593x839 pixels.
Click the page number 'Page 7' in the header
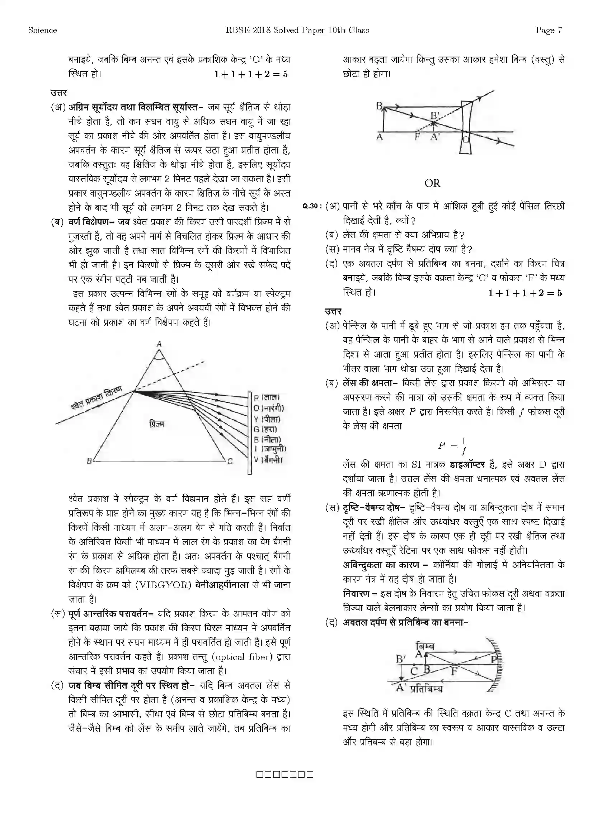pyautogui.click(x=549, y=30)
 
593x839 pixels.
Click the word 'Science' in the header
pyautogui.click(x=42, y=30)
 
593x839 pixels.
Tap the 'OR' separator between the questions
pyautogui.click(x=432, y=183)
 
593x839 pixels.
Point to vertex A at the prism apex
pyautogui.click(x=159, y=344)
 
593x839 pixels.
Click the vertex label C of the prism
pyautogui.click(x=230, y=462)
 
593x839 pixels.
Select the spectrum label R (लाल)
pyautogui.click(x=266, y=397)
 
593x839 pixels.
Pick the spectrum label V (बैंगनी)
pyautogui.click(x=268, y=460)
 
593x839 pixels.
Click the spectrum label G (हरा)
pyautogui.click(x=265, y=429)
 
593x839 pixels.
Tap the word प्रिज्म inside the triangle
pyautogui.click(x=157, y=424)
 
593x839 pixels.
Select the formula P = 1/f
pyautogui.click(x=453, y=446)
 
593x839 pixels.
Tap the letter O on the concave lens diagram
pyautogui.click(x=466, y=139)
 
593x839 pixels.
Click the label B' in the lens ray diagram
pyautogui.click(x=435, y=116)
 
